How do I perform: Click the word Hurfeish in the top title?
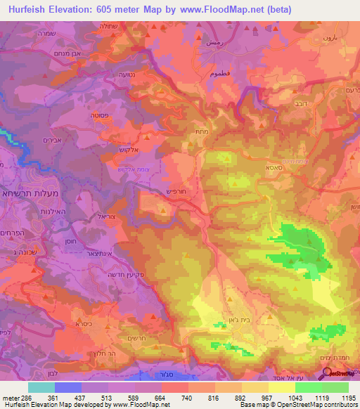[x=26, y=9]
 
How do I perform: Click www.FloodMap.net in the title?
[x=214, y=9]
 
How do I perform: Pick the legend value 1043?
[x=282, y=398]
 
